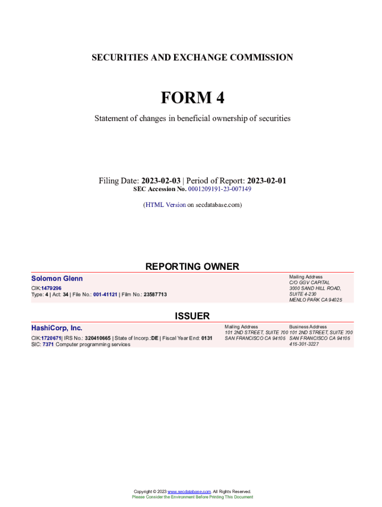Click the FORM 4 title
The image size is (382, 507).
pyautogui.click(x=192, y=98)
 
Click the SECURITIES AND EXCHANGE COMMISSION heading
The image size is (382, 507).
pyautogui.click(x=192, y=57)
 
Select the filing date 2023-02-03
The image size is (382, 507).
pyautogui.click(x=161, y=181)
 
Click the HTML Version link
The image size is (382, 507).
pyautogui.click(x=165, y=204)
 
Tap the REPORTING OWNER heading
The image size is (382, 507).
pyautogui.click(x=192, y=266)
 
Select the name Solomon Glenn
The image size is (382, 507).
pyautogui.click(x=57, y=279)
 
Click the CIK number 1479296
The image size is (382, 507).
pyautogui.click(x=52, y=288)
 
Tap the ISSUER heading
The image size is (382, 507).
pyautogui.click(x=192, y=316)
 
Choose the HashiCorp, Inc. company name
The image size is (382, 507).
pyautogui.click(x=57, y=328)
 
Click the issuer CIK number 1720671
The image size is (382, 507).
pyautogui.click(x=51, y=338)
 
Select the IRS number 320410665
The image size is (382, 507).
pyautogui.click(x=98, y=338)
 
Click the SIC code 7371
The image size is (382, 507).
pyautogui.click(x=48, y=344)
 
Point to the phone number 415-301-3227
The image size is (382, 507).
pyautogui.click(x=304, y=344)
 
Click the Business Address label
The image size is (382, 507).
pyautogui.click(x=308, y=327)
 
